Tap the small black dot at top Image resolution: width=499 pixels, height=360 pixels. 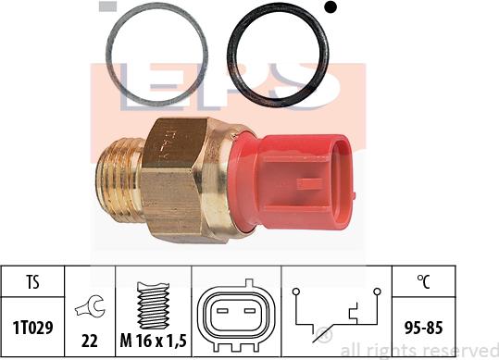331,7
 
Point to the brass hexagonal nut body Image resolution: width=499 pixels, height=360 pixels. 172,180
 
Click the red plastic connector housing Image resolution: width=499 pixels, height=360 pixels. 292,182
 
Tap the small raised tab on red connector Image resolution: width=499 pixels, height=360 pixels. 309,183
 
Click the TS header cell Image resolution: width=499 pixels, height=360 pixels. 32,281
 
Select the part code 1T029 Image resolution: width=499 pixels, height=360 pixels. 32,328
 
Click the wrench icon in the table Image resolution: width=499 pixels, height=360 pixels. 90,306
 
